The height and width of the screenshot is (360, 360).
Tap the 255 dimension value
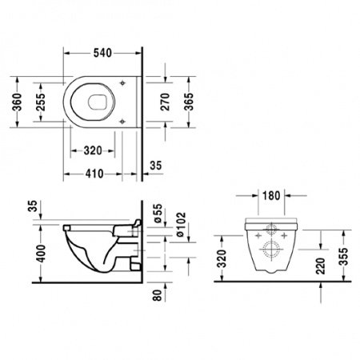point(40,102)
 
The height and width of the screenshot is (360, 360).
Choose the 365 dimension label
point(190,102)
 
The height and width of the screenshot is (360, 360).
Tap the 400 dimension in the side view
point(33,255)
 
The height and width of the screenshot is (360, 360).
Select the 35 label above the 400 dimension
point(33,209)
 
